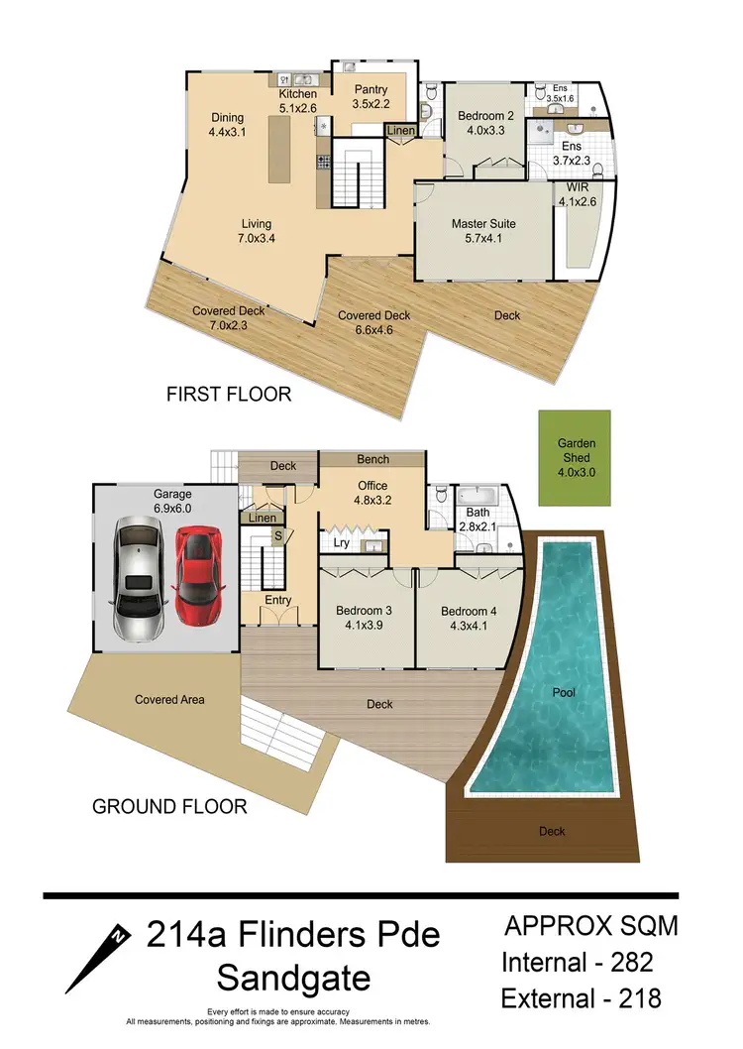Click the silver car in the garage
138,579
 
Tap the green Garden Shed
574,457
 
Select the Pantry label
371,90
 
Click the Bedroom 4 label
469,611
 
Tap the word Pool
564,692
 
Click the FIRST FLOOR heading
228,395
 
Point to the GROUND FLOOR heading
169,806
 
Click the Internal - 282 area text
578,962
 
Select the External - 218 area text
581,996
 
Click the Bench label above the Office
372,460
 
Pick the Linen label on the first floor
400,131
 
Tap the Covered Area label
169,699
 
